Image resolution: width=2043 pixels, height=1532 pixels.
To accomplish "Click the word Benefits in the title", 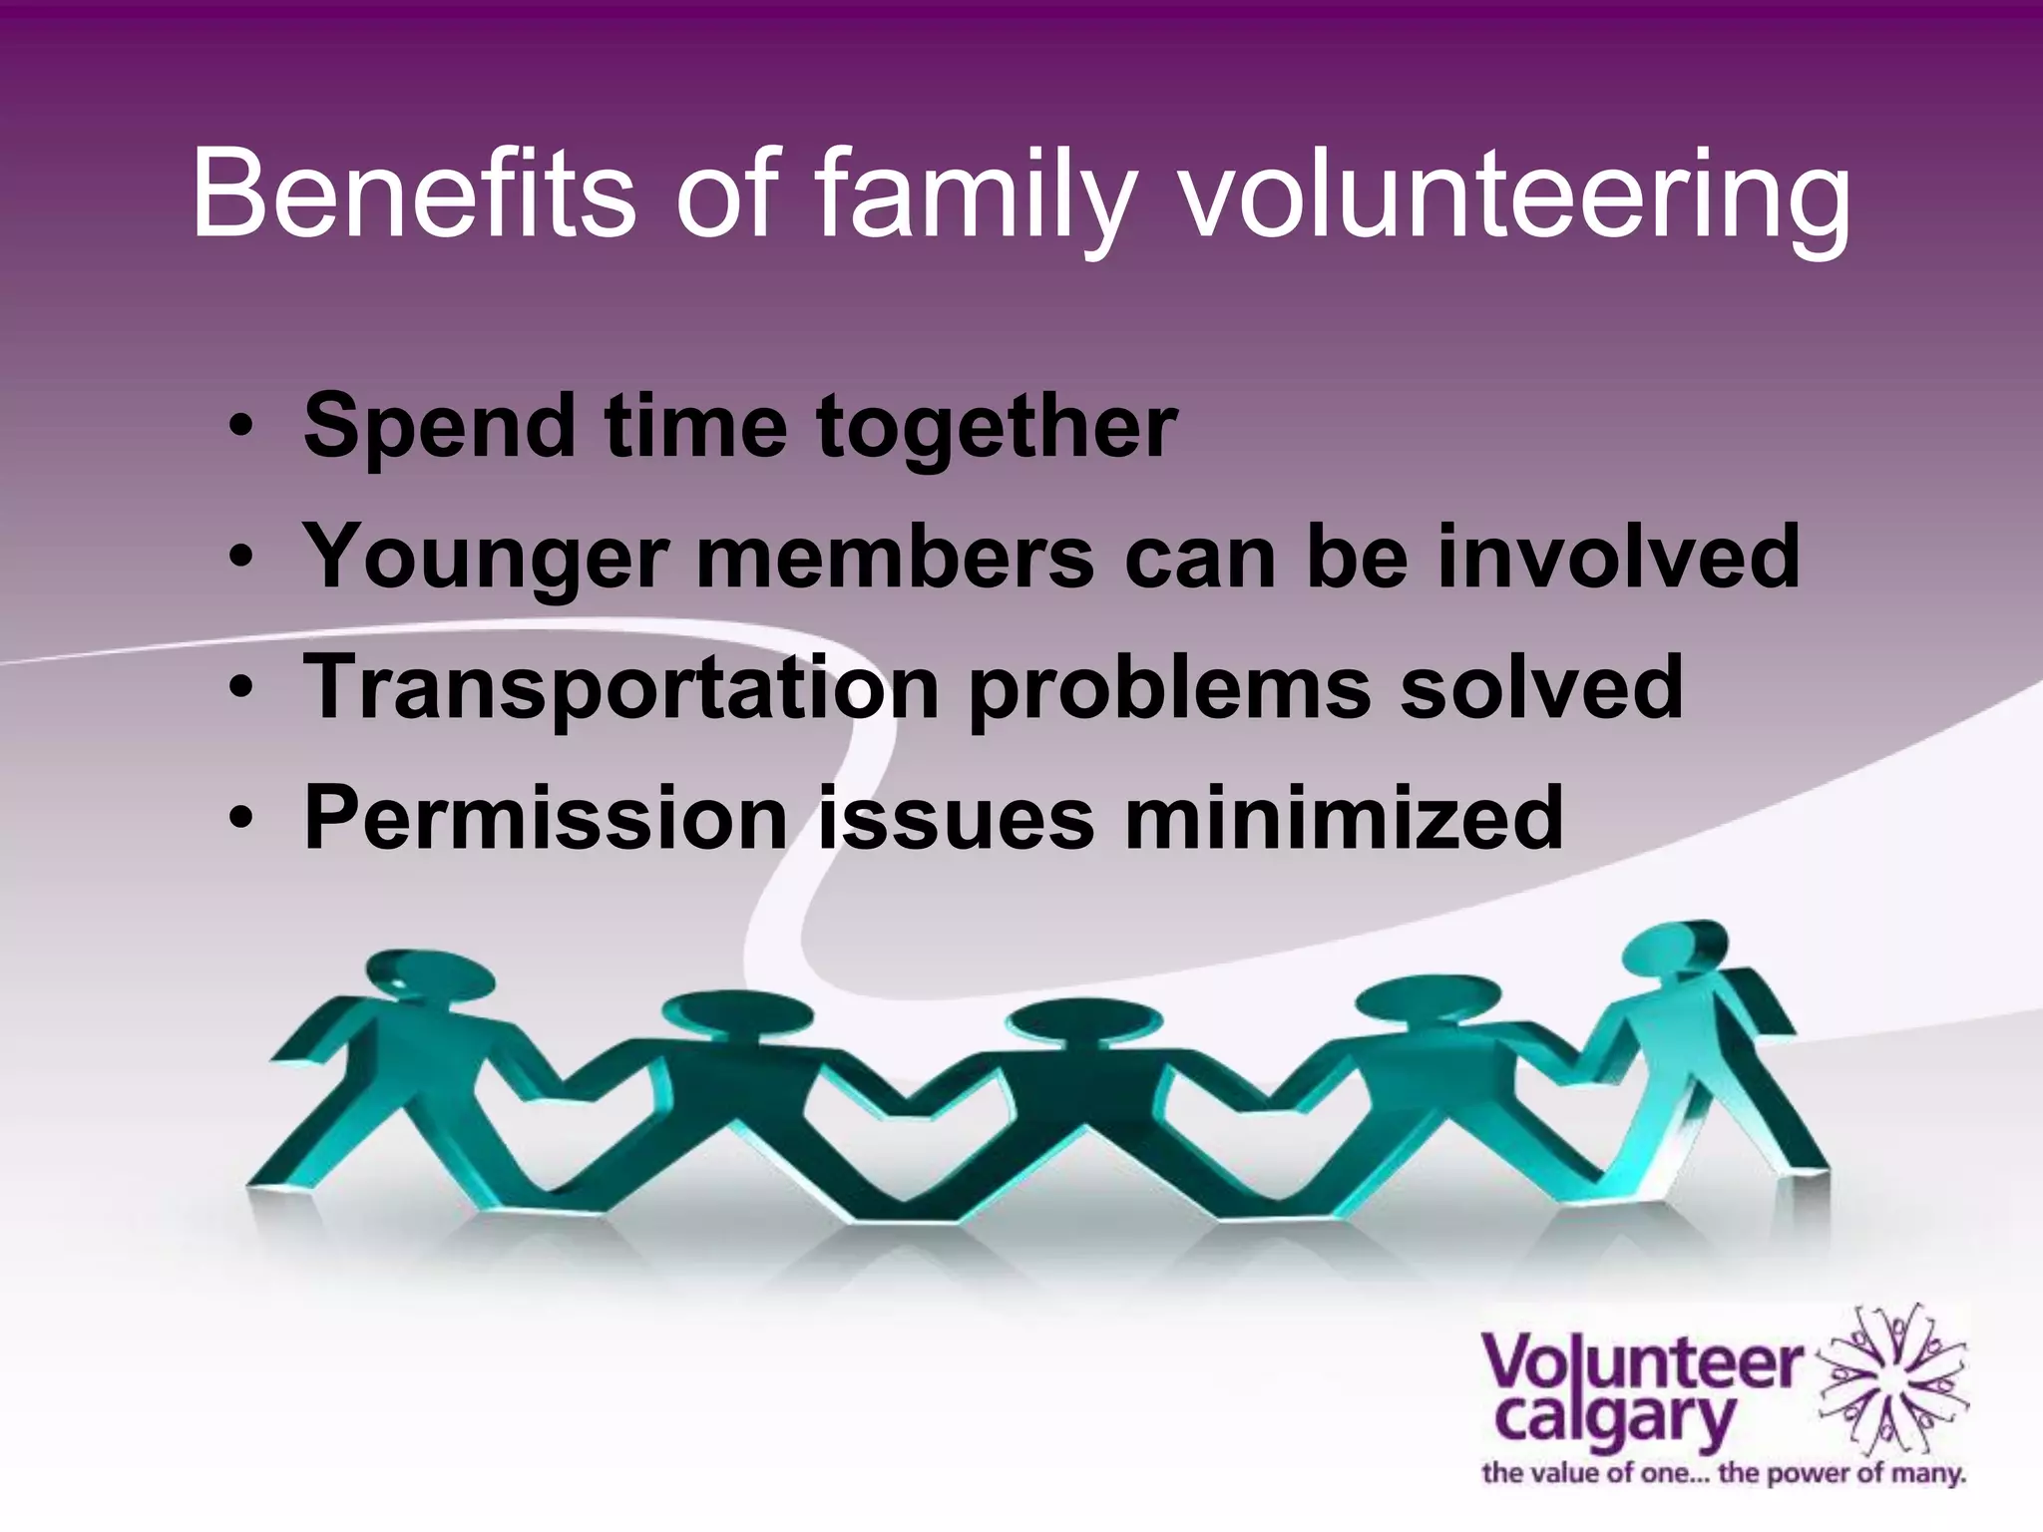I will pyautogui.click(x=413, y=194).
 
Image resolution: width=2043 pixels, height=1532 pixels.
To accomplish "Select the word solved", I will pyautogui.click(x=1541, y=687).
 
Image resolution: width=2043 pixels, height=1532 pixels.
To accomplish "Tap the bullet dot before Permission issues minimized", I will pyautogui.click(x=240, y=820).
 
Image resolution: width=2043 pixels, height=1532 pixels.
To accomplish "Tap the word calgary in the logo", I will pyautogui.click(x=1615, y=1417).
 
